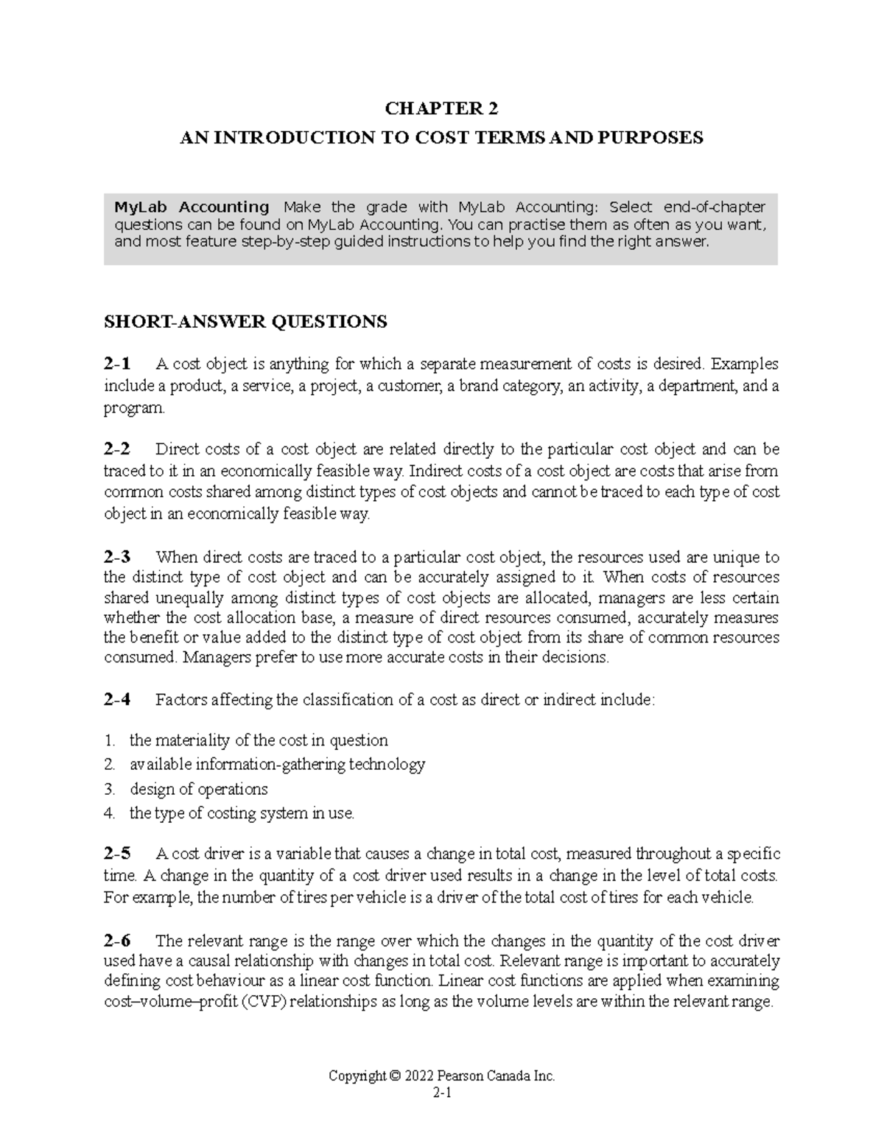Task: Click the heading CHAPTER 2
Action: (441, 109)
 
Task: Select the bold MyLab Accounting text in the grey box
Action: (192, 206)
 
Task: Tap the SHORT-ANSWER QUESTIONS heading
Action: (245, 322)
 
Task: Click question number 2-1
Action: (117, 364)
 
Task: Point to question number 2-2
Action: (117, 449)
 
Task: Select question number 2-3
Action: (117, 557)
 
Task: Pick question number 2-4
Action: (117, 700)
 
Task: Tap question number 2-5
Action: (117, 855)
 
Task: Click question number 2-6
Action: (117, 941)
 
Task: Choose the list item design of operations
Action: (198, 790)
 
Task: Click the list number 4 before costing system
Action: (109, 814)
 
